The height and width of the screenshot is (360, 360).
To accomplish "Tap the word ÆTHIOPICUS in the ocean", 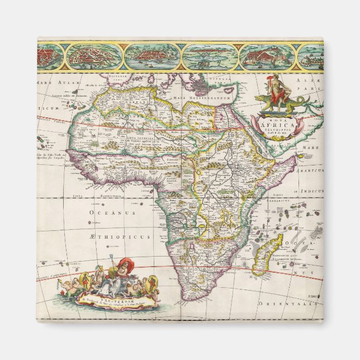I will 111,237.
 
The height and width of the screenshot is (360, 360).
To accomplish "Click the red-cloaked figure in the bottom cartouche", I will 124,268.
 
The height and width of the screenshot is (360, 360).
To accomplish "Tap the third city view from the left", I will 151,56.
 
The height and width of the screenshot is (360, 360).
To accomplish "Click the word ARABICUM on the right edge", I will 311,170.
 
